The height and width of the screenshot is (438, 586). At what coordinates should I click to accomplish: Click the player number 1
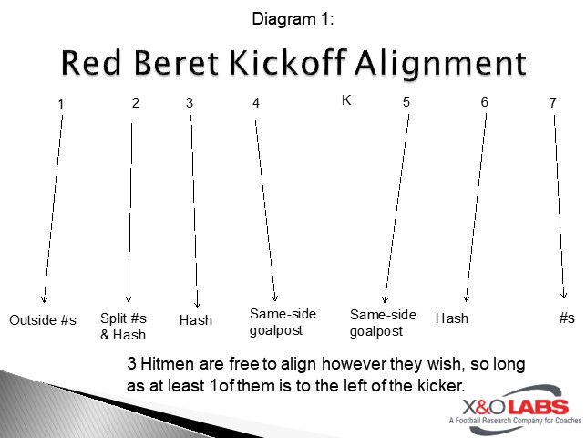tap(60, 104)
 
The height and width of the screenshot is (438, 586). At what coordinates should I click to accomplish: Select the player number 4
tap(256, 103)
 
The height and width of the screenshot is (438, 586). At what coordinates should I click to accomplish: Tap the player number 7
tap(552, 103)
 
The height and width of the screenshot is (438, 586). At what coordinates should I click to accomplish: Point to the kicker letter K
tap(346, 100)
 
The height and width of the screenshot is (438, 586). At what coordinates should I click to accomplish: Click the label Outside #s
tap(43, 320)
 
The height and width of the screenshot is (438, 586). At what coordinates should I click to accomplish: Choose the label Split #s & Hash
tap(123, 326)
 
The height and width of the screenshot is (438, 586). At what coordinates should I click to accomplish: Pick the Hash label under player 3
tap(196, 320)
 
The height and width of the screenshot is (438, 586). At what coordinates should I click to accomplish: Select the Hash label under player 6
tap(452, 318)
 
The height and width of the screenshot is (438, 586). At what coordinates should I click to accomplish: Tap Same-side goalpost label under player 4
tap(283, 322)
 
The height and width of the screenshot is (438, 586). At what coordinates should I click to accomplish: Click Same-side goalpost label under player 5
tap(383, 322)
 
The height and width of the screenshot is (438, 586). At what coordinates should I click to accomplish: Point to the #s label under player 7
tap(567, 318)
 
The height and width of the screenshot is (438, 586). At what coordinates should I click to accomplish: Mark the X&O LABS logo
tap(509, 410)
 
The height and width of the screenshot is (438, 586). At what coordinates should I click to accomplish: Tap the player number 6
tap(485, 102)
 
